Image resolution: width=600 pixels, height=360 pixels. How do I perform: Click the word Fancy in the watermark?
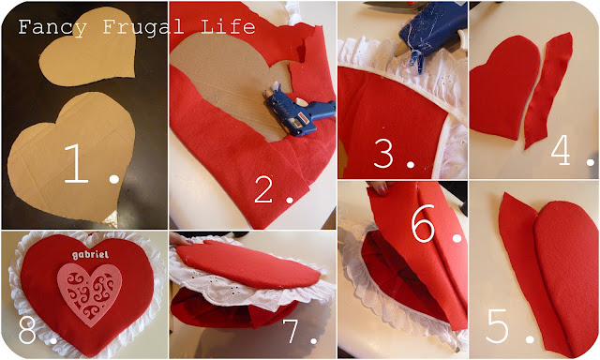pos(52,27)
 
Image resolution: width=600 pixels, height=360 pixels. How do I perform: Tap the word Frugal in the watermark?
pos(143,27)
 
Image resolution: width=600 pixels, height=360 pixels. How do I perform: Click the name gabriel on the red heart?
pos(90,255)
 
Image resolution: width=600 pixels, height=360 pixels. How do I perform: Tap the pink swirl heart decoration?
pos(90,293)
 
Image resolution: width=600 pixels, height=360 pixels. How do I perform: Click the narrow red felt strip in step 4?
pos(547,90)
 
